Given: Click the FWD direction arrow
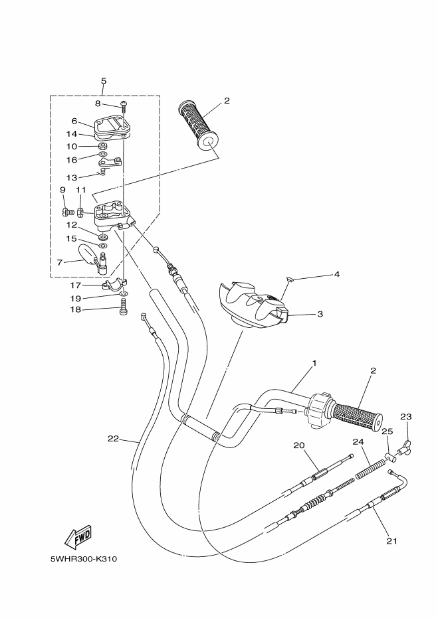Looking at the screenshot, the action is (x=78, y=538).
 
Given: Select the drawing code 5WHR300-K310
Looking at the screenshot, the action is (x=84, y=559).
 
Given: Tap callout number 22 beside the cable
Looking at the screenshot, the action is (x=113, y=439).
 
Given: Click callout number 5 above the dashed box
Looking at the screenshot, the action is (x=104, y=81).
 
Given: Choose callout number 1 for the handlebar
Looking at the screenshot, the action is (x=315, y=362).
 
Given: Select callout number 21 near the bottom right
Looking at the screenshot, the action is (x=391, y=541).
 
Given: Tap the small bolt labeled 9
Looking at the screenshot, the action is (x=68, y=212).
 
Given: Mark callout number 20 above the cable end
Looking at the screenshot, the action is (x=298, y=445).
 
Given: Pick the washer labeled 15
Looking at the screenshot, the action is (x=103, y=246).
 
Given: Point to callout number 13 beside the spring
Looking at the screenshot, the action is (x=72, y=177).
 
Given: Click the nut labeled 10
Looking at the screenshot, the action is (x=102, y=146).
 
